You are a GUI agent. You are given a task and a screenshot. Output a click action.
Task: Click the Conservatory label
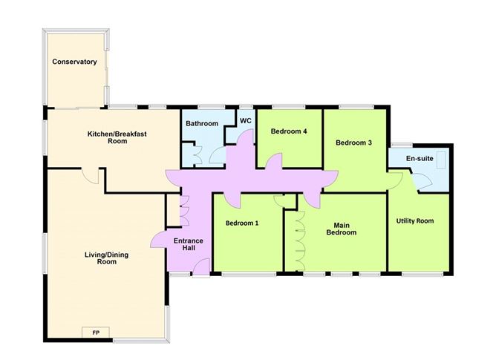coord(74,62)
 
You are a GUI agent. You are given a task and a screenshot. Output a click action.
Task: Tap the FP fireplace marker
coord(97,331)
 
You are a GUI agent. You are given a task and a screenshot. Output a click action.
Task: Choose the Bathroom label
coord(202,123)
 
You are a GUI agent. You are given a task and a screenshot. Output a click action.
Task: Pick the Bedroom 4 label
coord(289,131)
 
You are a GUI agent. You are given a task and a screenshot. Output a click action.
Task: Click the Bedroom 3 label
coord(353,143)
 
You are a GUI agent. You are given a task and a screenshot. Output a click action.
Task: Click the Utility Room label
coord(415,220)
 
